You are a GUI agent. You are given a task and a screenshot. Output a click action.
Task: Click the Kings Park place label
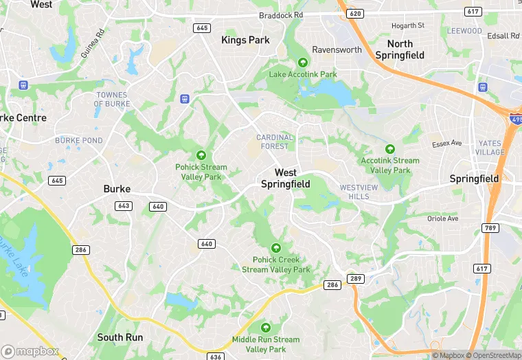point(245,41)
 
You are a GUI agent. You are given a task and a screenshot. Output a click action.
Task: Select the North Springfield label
point(400,49)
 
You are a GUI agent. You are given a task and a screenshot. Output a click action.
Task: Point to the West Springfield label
point(286,179)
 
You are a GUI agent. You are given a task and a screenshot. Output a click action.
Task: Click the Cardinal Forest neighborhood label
point(275,142)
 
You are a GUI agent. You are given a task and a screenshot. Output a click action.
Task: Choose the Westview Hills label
point(354,192)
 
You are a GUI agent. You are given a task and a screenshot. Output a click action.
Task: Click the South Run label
point(120,337)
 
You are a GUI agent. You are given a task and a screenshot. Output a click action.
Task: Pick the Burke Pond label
point(78,140)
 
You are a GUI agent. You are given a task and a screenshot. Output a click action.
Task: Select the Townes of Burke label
point(112,100)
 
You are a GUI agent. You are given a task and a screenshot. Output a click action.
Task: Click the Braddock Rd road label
point(281,15)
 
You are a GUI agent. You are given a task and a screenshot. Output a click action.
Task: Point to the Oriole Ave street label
point(442,219)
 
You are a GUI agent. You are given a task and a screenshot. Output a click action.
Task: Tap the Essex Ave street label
point(447,144)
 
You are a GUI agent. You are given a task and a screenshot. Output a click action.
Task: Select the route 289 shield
point(355,278)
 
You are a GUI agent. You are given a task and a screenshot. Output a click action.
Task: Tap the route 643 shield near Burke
point(124,205)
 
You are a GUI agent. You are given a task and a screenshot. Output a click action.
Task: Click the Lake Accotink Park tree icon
point(303,63)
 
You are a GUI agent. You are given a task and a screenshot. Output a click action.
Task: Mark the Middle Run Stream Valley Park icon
point(265,328)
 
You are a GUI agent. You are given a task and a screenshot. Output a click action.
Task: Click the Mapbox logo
point(30,351)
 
